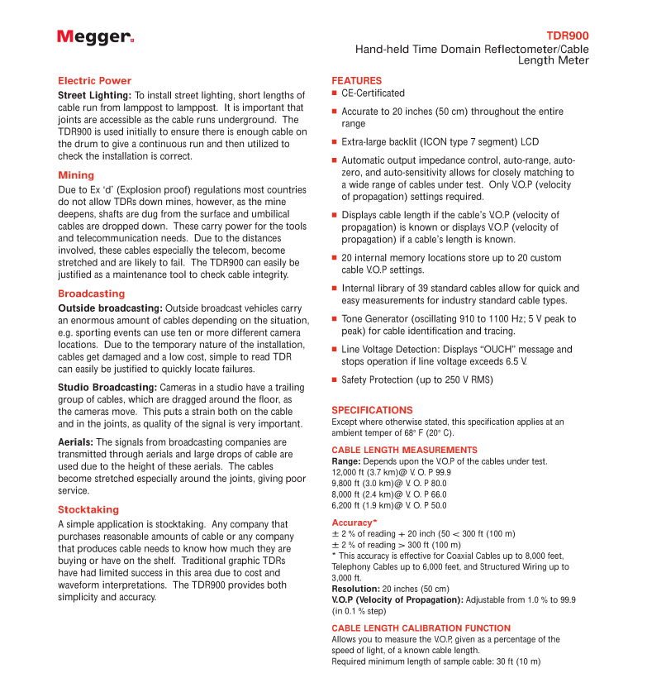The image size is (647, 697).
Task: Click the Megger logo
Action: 95,37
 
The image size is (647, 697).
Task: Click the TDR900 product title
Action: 568,36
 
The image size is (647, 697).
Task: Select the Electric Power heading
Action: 94,81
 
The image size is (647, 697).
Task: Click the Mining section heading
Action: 76,175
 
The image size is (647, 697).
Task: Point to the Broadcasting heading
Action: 91,294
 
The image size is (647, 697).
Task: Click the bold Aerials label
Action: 75,442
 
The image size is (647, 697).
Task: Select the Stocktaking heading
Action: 88,509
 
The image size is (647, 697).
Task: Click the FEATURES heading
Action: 356,81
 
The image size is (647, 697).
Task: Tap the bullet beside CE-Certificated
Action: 335,94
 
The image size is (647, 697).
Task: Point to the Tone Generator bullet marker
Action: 335,319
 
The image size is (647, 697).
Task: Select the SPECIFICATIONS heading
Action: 372,410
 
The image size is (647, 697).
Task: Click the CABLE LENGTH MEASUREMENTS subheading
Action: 392,450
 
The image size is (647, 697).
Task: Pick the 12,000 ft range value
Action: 353,472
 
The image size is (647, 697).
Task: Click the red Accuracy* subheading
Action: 354,523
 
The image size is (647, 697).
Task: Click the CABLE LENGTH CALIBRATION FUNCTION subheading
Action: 421,628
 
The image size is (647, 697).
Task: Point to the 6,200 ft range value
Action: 350,504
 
